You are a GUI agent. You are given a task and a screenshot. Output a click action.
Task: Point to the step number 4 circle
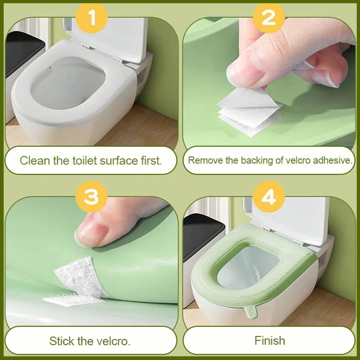pyautogui.click(x=269, y=197)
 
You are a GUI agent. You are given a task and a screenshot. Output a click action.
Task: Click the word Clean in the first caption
pyautogui.click(x=35, y=160)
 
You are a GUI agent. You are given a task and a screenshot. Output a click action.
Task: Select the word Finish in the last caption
pyautogui.click(x=270, y=340)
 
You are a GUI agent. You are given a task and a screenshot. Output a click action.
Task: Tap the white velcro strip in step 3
pyautogui.click(x=76, y=279)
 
